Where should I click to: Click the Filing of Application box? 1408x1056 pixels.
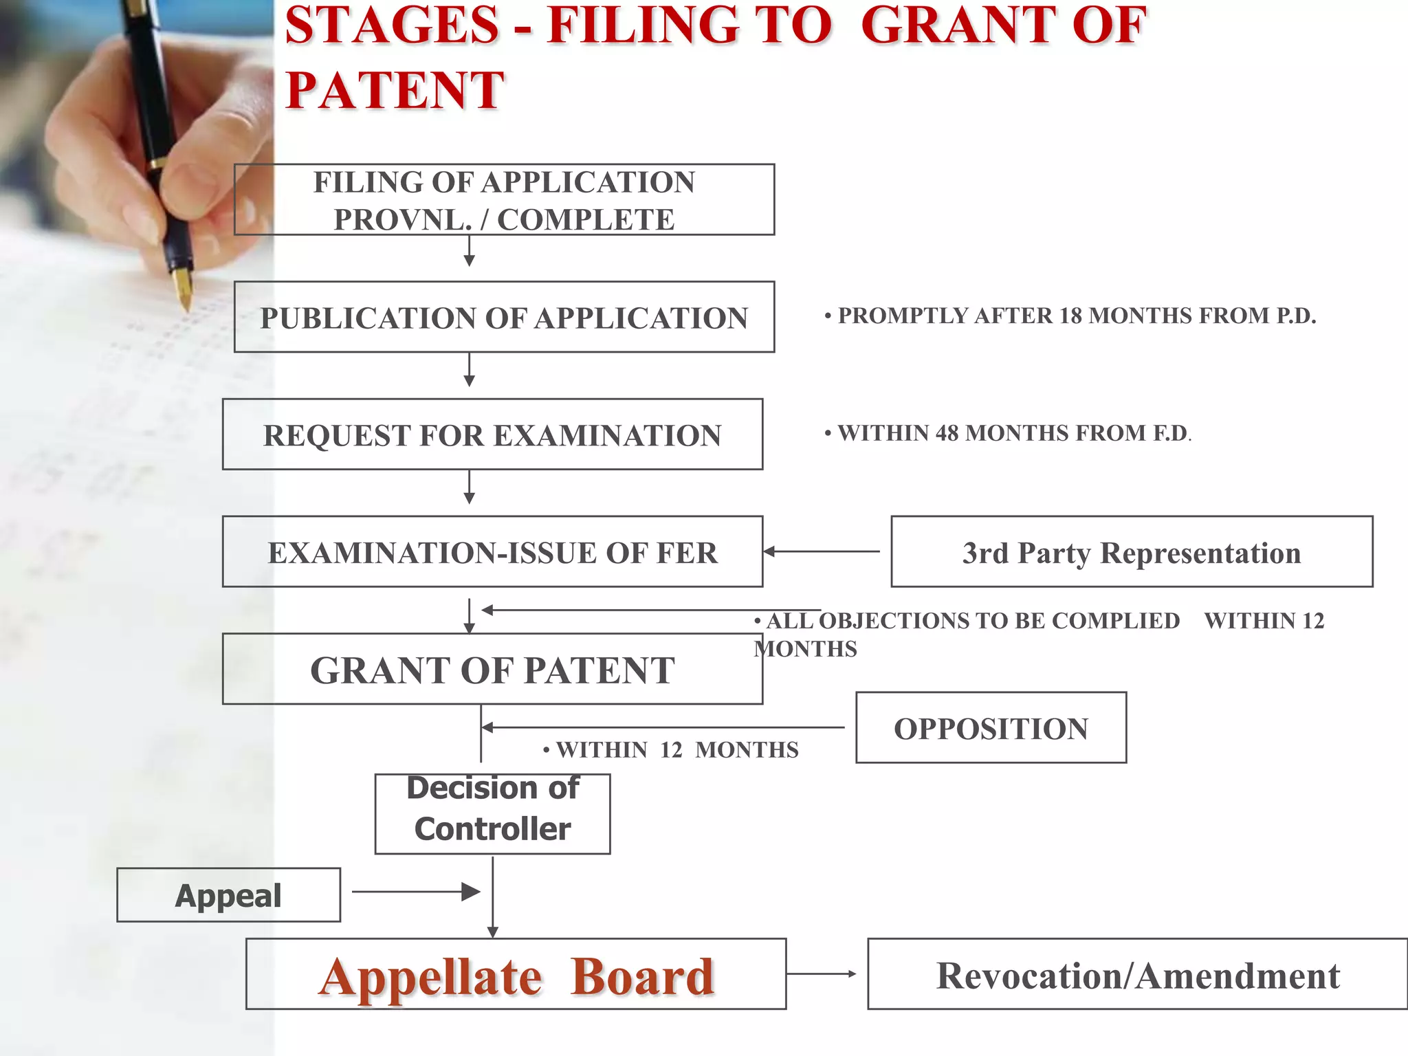point(504,200)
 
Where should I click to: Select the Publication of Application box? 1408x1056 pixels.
point(504,318)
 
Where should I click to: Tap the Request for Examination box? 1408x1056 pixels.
point(492,434)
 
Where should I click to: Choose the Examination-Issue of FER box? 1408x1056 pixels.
point(492,552)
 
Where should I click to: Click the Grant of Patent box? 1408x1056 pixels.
point(492,670)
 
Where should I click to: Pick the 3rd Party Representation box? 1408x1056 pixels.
point(1132,552)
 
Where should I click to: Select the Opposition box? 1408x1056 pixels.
point(991,728)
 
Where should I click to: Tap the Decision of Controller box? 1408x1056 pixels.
point(492,815)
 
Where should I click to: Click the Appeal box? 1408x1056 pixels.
point(228,895)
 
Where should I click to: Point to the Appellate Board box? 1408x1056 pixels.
point(516,974)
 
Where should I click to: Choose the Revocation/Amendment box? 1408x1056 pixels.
point(1137,974)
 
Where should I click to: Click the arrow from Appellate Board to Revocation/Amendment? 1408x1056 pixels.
point(822,973)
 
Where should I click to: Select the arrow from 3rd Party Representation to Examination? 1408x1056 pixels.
point(822,551)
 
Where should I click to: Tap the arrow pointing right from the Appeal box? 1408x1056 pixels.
point(416,892)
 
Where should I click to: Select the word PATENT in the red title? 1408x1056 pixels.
point(395,90)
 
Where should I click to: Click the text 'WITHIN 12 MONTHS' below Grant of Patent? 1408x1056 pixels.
point(677,750)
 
